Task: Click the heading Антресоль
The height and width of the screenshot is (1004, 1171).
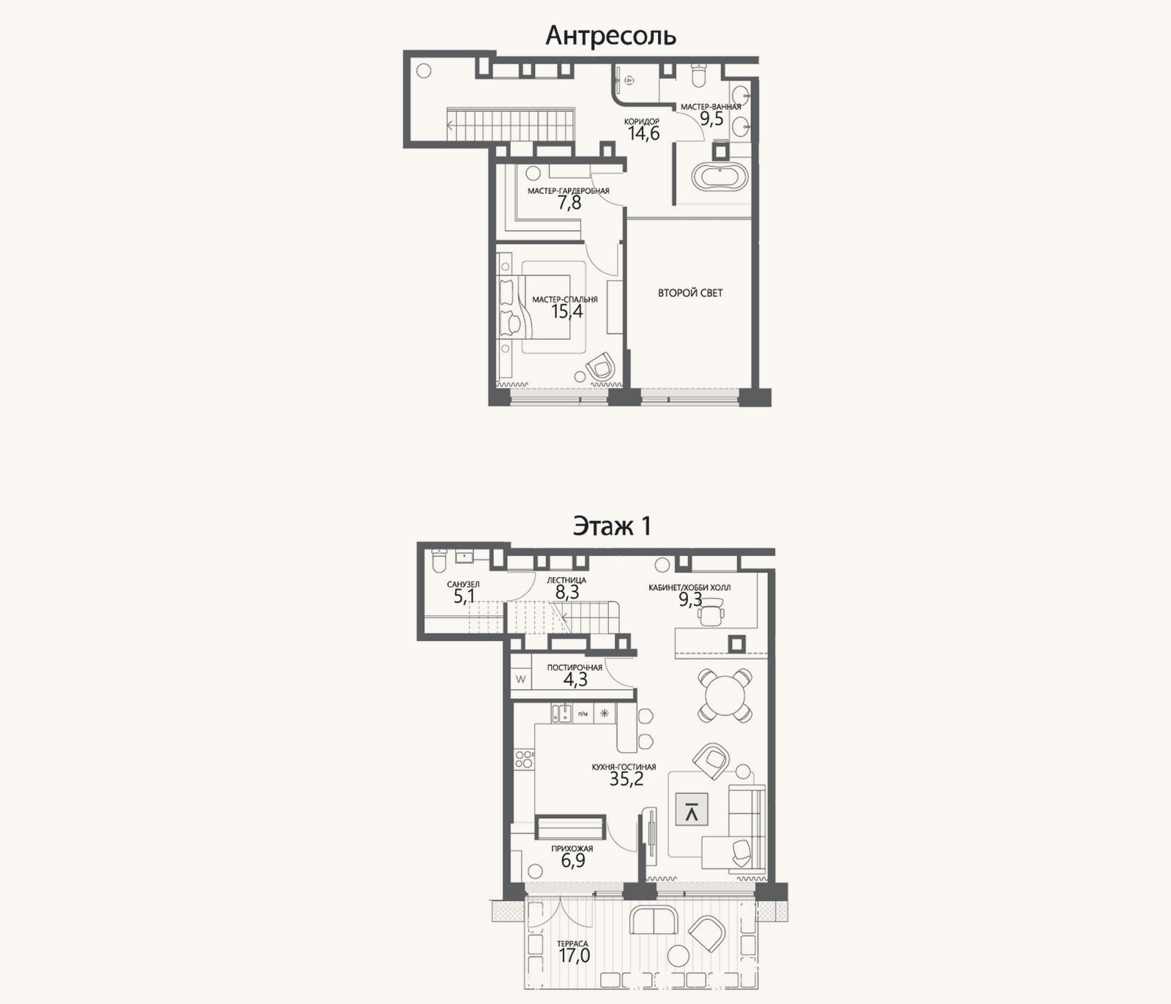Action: click(610, 35)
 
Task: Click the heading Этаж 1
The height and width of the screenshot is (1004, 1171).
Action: click(612, 525)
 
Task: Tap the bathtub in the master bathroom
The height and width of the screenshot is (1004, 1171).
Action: click(720, 176)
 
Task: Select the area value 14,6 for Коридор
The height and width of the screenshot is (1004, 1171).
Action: click(643, 133)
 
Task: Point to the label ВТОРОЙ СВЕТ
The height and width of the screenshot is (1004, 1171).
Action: click(690, 293)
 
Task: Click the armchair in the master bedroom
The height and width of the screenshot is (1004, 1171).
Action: click(601, 366)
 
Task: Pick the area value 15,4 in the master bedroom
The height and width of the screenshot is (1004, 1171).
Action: click(567, 312)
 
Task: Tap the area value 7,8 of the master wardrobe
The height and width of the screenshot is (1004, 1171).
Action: click(569, 203)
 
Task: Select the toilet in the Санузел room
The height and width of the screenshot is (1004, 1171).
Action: click(439, 560)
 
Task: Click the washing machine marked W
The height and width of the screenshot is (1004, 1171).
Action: click(521, 679)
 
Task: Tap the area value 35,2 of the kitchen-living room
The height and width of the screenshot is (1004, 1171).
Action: click(626, 779)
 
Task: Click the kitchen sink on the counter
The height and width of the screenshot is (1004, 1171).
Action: click(561, 713)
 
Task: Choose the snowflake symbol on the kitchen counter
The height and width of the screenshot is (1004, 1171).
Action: click(605, 713)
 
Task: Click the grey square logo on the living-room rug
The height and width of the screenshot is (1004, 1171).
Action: click(692, 810)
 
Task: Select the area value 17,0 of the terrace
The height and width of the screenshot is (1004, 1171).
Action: click(574, 955)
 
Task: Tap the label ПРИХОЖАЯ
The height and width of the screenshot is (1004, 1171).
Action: click(572, 849)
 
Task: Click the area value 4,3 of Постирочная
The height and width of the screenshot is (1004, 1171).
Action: click(575, 679)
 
